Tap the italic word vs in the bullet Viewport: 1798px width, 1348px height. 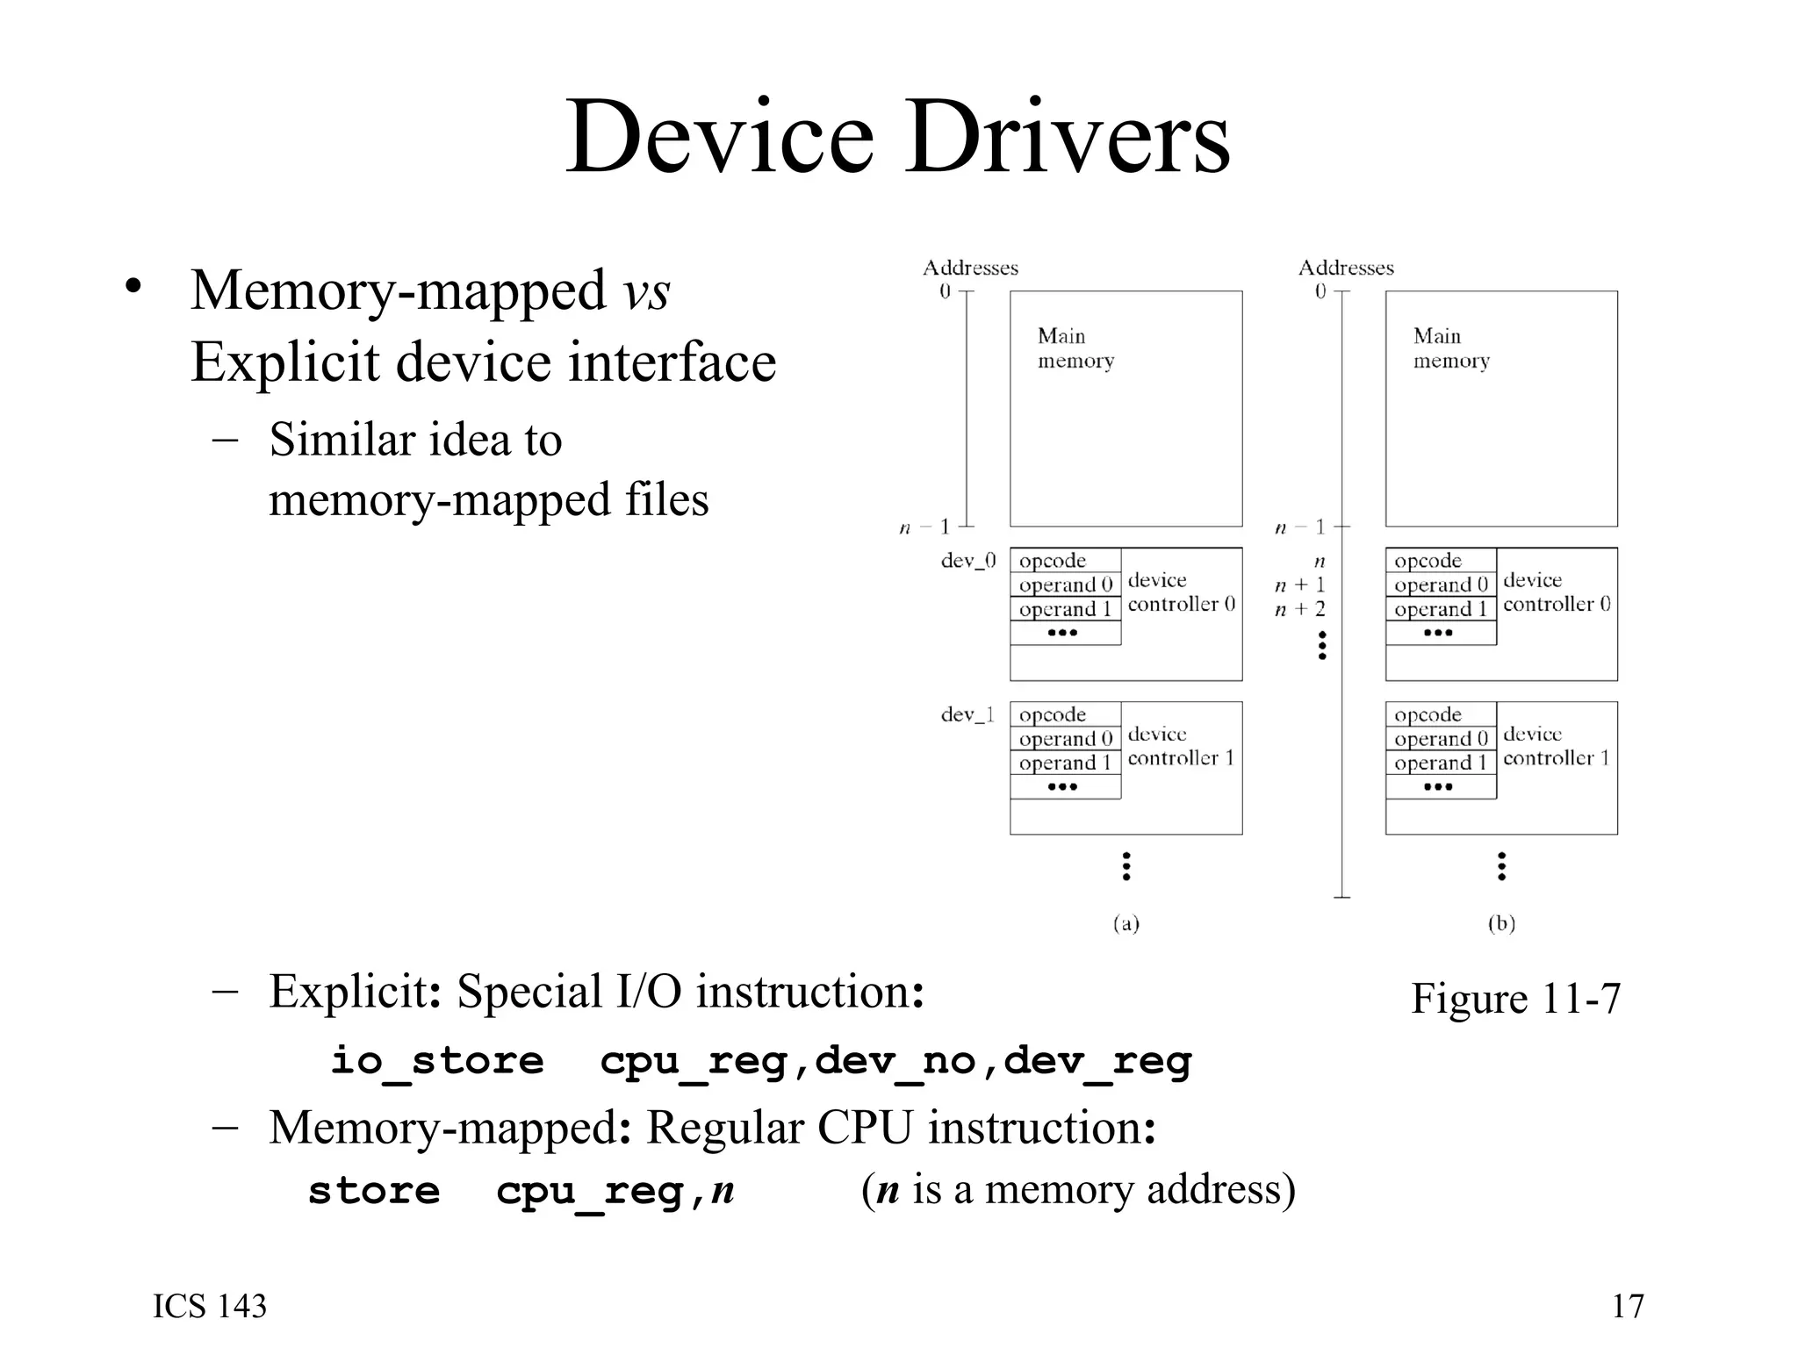[646, 291]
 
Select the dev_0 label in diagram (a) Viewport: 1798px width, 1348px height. [967, 561]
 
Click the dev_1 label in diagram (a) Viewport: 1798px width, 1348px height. [967, 715]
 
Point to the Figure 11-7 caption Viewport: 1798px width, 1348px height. [1515, 999]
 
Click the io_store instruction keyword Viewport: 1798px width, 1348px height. [436, 1061]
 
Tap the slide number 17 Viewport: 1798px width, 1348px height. [1627, 1306]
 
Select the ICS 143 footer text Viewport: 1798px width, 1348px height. [210, 1306]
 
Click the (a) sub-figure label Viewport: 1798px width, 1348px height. [1126, 923]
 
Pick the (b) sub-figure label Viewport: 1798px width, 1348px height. [1501, 923]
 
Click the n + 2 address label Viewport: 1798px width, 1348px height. [1300, 609]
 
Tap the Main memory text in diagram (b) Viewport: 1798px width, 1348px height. [1450, 348]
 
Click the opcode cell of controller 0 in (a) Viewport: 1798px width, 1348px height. [1065, 561]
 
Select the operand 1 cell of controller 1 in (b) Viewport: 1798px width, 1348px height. [1440, 764]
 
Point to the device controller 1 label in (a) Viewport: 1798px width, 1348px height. [1180, 746]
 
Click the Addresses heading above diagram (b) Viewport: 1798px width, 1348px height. [1345, 268]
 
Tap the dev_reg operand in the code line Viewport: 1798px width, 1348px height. [1097, 1061]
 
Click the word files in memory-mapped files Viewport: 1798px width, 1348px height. [666, 500]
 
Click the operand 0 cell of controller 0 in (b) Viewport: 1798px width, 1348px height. [1440, 585]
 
